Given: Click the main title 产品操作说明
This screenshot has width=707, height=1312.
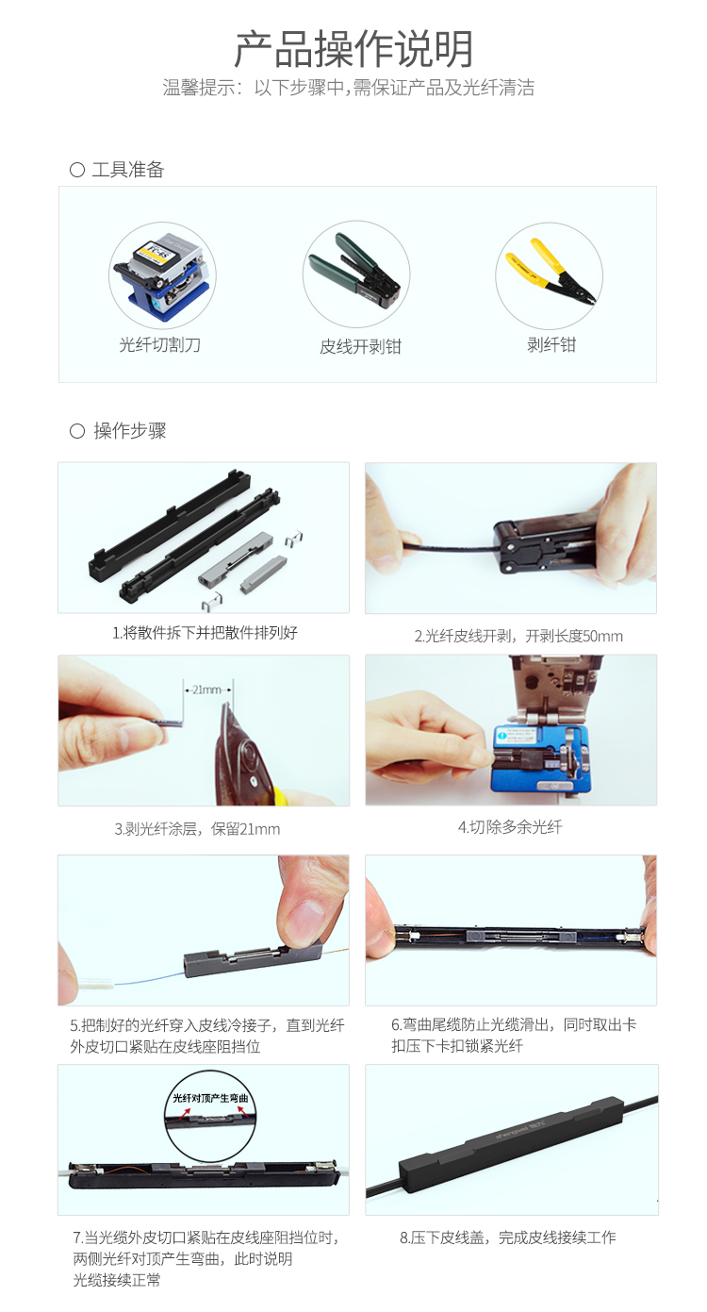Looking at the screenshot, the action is click(353, 49).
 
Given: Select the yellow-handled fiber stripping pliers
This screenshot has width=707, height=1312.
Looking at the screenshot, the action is click(551, 271).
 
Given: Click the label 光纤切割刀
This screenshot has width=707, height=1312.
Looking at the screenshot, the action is click(159, 344).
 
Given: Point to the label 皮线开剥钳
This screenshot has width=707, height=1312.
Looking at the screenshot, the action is click(360, 347).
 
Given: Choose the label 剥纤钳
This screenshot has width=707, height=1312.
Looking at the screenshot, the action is click(551, 344).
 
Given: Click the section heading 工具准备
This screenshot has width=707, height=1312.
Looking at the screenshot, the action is click(127, 170).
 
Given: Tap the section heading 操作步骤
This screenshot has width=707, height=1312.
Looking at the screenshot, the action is click(129, 431).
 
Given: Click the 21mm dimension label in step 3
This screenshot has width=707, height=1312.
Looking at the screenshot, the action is click(207, 690).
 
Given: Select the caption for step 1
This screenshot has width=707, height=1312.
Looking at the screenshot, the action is click(205, 633).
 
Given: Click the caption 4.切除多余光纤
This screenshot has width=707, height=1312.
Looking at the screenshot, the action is click(510, 827).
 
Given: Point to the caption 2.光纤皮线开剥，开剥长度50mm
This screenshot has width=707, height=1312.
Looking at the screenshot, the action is click(518, 636).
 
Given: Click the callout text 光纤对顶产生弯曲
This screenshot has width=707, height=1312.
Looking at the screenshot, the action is click(210, 1098).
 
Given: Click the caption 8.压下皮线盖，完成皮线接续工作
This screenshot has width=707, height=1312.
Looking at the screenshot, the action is click(507, 1237).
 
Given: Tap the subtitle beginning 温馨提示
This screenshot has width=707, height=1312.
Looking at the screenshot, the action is click(348, 88).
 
